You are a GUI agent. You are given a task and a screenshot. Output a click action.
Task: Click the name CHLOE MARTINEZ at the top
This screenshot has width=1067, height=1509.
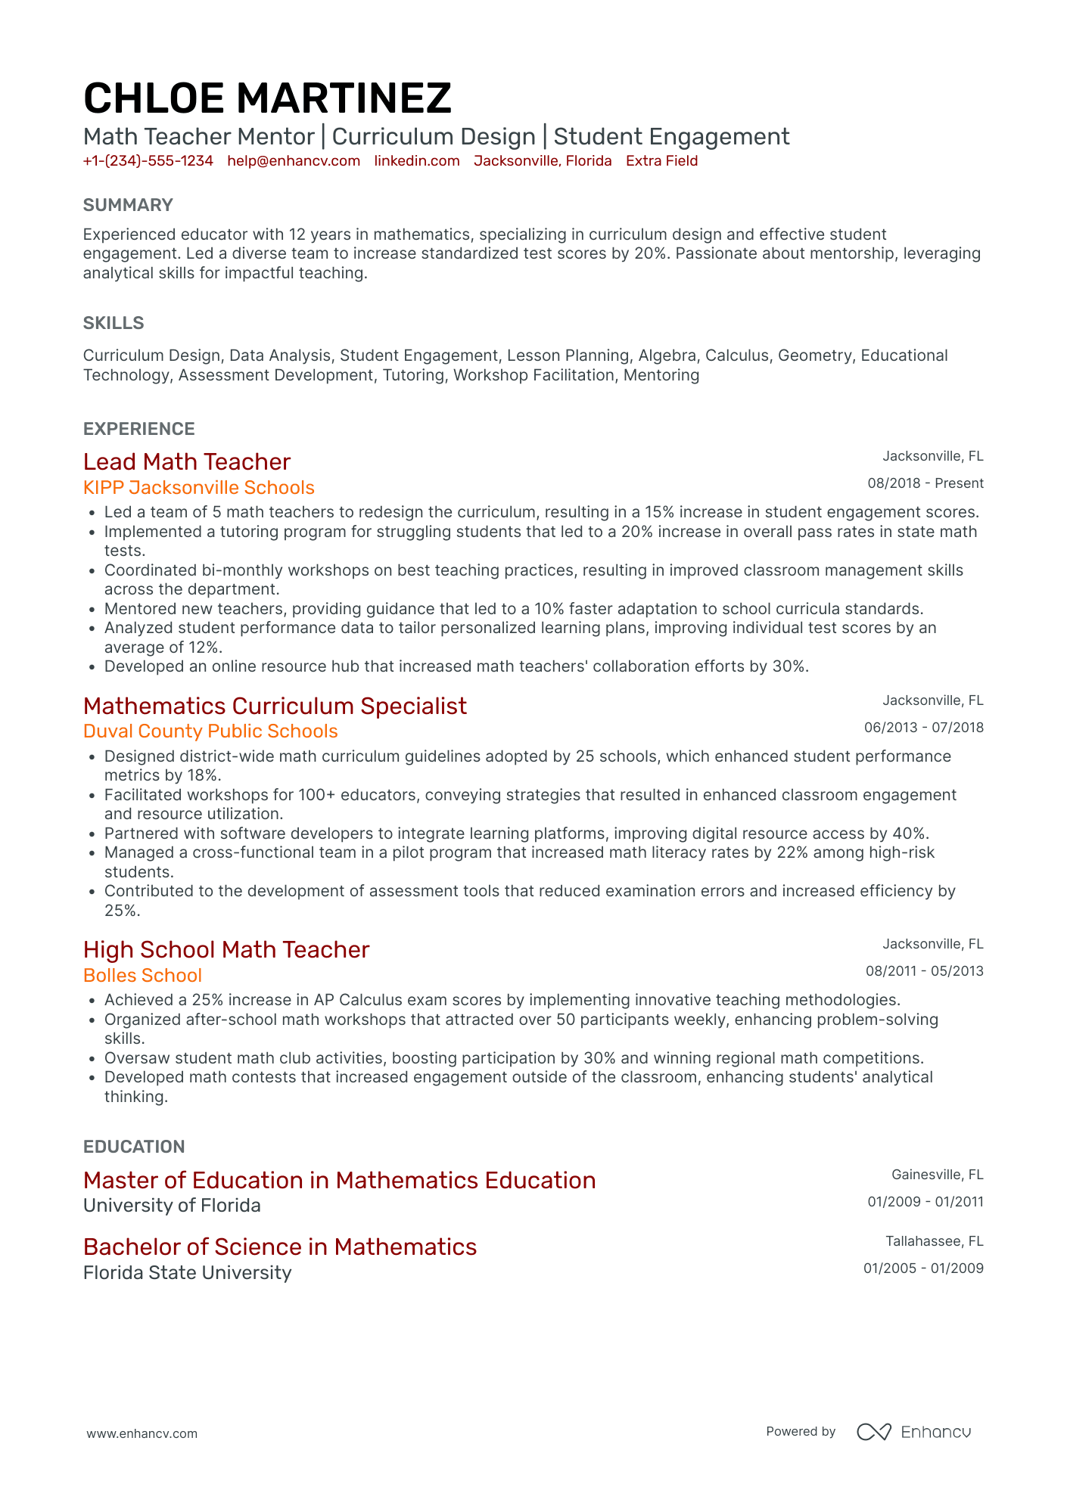click(x=267, y=98)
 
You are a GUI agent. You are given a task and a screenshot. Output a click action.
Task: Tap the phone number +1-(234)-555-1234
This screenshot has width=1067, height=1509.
click(x=148, y=161)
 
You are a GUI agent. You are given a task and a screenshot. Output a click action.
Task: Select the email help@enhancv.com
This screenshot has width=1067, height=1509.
click(x=294, y=161)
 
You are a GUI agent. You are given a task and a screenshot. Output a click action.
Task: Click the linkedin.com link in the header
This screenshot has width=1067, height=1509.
click(x=417, y=161)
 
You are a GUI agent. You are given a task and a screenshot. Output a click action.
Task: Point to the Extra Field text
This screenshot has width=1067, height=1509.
click(x=661, y=161)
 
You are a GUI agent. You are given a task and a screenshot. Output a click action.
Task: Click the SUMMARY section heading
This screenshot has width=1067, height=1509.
click(x=128, y=205)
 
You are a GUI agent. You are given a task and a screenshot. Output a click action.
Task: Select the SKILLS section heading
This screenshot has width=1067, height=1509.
click(x=114, y=323)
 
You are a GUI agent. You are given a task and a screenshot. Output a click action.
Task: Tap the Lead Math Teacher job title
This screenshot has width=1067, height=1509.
click(x=187, y=462)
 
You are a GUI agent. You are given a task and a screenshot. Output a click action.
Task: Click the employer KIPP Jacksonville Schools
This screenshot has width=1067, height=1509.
click(x=199, y=488)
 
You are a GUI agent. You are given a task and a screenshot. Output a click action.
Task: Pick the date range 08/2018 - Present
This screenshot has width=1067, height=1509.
click(x=925, y=483)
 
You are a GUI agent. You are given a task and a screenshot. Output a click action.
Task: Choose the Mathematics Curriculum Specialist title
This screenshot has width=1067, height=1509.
click(x=275, y=706)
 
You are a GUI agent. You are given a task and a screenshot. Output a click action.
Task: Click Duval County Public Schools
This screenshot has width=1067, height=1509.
click(x=210, y=731)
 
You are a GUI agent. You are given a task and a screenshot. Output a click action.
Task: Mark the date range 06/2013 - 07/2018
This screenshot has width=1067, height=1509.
click(x=923, y=728)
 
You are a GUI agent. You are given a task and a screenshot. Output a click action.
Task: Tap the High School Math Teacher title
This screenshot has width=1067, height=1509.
click(x=226, y=950)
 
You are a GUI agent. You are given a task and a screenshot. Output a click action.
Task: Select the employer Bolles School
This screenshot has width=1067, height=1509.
click(x=142, y=976)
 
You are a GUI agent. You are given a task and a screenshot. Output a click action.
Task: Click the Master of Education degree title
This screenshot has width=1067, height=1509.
click(x=339, y=1181)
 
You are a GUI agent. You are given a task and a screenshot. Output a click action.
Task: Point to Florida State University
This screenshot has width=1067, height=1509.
click(x=187, y=1273)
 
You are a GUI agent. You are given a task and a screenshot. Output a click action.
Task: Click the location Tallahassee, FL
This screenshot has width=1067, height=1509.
click(x=934, y=1241)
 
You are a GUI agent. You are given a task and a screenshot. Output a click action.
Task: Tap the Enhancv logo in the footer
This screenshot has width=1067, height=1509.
click(x=913, y=1432)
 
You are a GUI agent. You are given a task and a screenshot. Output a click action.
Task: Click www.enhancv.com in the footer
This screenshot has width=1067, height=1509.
click(x=142, y=1433)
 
